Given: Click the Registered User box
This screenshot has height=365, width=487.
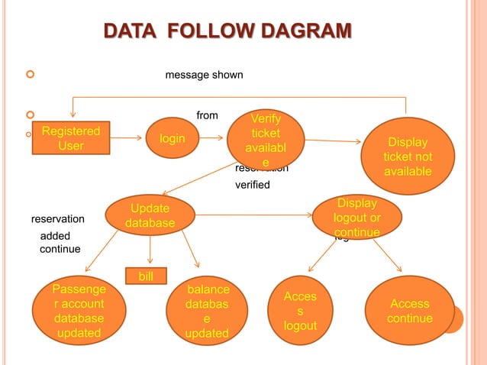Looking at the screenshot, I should [x=70, y=137].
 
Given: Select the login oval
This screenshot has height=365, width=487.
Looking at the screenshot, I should [x=176, y=138].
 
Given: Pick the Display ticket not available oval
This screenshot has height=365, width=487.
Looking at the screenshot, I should [x=408, y=157].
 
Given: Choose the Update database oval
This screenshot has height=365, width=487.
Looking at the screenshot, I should [x=150, y=216].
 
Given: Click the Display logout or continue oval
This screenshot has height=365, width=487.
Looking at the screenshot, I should [x=356, y=217].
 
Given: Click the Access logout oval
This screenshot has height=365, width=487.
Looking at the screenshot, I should [x=299, y=311].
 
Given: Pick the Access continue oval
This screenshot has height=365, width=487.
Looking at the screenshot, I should [x=410, y=311].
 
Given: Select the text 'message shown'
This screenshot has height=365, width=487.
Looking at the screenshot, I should [x=205, y=75].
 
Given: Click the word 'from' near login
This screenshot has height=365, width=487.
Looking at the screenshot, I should [x=207, y=115].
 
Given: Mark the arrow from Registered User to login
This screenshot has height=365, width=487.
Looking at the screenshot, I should [x=127, y=139].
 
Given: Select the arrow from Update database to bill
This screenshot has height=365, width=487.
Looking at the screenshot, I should [x=150, y=250].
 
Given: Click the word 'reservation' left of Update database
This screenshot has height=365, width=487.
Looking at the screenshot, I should [x=58, y=219].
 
